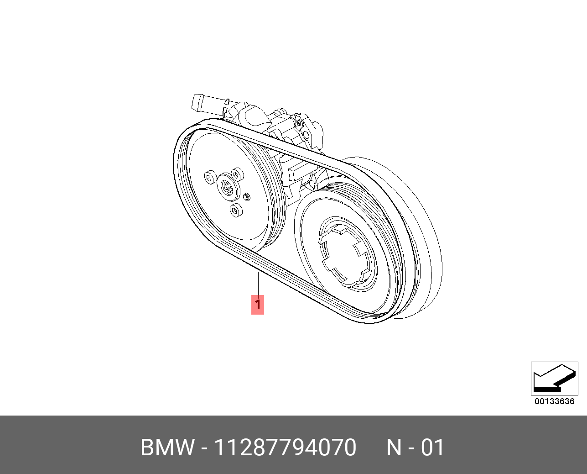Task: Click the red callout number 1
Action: (258, 304)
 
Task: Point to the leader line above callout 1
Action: (258, 283)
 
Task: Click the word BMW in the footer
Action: (168, 447)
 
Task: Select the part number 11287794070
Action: (286, 447)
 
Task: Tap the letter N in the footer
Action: (395, 447)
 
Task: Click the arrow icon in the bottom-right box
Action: (554, 379)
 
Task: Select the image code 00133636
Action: (554, 401)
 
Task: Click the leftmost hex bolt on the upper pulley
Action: (210, 178)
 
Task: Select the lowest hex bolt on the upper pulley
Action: (236, 210)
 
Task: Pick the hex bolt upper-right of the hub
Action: (237, 174)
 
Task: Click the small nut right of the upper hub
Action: (247, 196)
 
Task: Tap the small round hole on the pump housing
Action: (306, 135)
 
